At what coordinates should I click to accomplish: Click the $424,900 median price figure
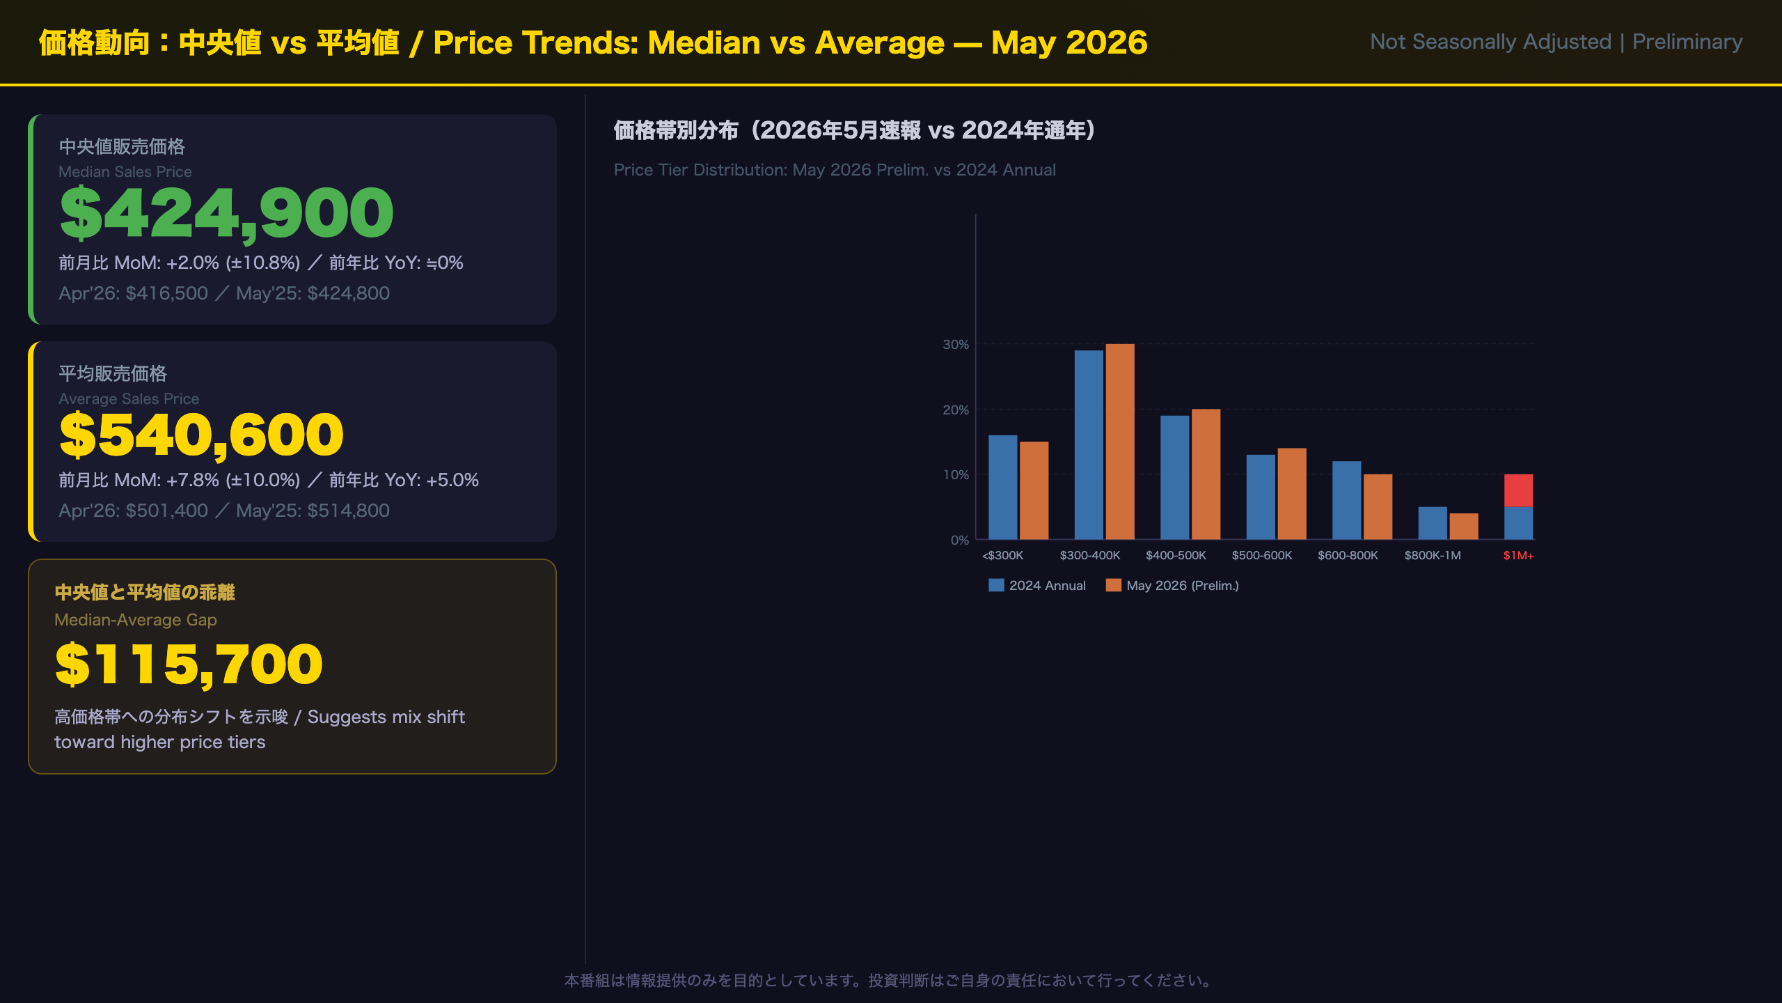[x=226, y=213]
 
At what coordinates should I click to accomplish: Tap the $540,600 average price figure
[x=201, y=435]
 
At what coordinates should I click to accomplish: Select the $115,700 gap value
[x=189, y=664]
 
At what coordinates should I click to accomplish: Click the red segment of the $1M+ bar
[x=1518, y=490]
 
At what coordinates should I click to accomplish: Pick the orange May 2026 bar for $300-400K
[x=1120, y=442]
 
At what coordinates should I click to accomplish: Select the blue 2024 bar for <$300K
[x=1002, y=487]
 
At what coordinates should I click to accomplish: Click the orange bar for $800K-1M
[x=1464, y=526]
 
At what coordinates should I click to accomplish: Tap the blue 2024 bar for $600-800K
[x=1346, y=500]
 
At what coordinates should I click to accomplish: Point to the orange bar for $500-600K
[x=1292, y=494]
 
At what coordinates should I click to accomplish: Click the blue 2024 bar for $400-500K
[x=1174, y=477]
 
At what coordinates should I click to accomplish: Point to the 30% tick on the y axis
[x=956, y=344]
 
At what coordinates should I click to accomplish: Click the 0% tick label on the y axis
[x=960, y=540]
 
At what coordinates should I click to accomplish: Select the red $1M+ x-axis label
[x=1518, y=555]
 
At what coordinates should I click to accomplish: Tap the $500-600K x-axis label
[x=1261, y=555]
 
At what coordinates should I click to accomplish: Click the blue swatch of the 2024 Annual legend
[x=996, y=585]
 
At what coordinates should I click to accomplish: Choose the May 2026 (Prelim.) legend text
[x=1183, y=586]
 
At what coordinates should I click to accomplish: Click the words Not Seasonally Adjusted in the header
[x=1490, y=42]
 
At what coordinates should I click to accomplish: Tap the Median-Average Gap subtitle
[x=136, y=620]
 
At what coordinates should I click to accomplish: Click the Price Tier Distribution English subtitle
[x=835, y=170]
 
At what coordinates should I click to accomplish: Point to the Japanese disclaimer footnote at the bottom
[x=890, y=981]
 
